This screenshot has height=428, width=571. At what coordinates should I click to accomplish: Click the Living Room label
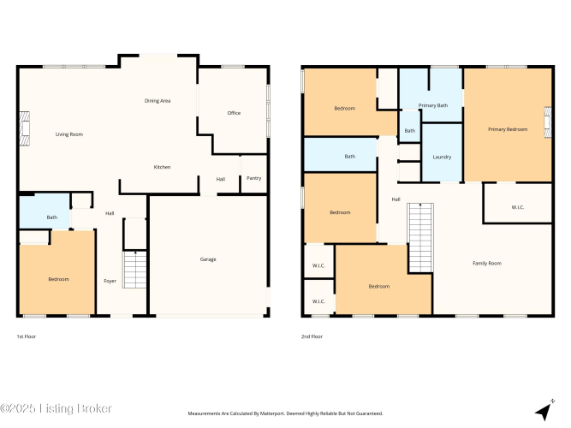click(x=69, y=134)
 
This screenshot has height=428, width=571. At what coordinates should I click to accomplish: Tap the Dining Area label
click(x=158, y=101)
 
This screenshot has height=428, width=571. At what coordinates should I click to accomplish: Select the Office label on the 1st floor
click(x=234, y=113)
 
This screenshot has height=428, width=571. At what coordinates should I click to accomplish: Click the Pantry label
click(x=253, y=178)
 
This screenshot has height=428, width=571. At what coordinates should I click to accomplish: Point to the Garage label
click(x=208, y=259)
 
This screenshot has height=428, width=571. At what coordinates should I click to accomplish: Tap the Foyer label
click(x=110, y=281)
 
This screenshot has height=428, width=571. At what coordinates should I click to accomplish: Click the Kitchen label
click(x=162, y=167)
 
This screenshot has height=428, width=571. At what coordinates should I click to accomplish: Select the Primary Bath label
click(x=433, y=105)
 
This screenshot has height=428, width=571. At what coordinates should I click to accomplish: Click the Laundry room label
click(x=442, y=157)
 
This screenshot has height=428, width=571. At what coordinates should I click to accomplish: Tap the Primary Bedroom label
click(x=508, y=129)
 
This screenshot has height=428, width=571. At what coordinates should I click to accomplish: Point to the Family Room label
click(x=487, y=263)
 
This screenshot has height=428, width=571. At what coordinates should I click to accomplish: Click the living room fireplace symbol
click(x=25, y=129)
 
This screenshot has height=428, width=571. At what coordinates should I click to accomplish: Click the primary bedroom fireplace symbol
click(x=548, y=122)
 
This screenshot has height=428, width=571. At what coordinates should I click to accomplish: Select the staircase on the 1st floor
click(x=134, y=270)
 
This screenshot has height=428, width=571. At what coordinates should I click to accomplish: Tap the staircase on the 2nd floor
click(x=420, y=237)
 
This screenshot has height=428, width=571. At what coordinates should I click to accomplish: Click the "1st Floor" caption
click(x=27, y=336)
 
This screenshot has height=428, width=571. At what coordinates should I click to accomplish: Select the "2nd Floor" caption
click(x=312, y=336)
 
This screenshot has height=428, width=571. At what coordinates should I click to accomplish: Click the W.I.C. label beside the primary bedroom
click(x=517, y=207)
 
